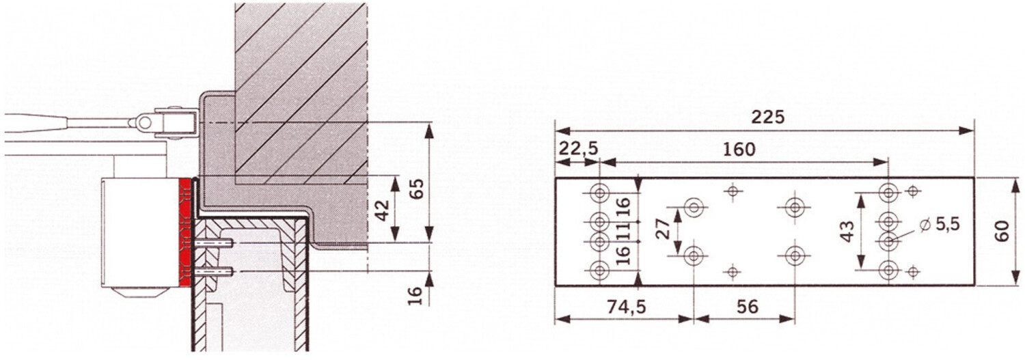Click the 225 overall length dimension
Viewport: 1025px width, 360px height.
click(768, 117)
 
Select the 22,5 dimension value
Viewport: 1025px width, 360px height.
click(578, 149)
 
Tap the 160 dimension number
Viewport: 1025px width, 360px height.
click(739, 149)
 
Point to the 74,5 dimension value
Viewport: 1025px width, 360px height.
click(626, 307)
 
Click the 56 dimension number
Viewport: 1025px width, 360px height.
click(748, 307)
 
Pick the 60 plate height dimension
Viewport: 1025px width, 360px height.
click(1002, 232)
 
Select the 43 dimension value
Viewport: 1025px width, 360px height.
click(847, 232)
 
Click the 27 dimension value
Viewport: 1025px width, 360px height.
click(663, 228)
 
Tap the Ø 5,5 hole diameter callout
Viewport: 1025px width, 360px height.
click(940, 225)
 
